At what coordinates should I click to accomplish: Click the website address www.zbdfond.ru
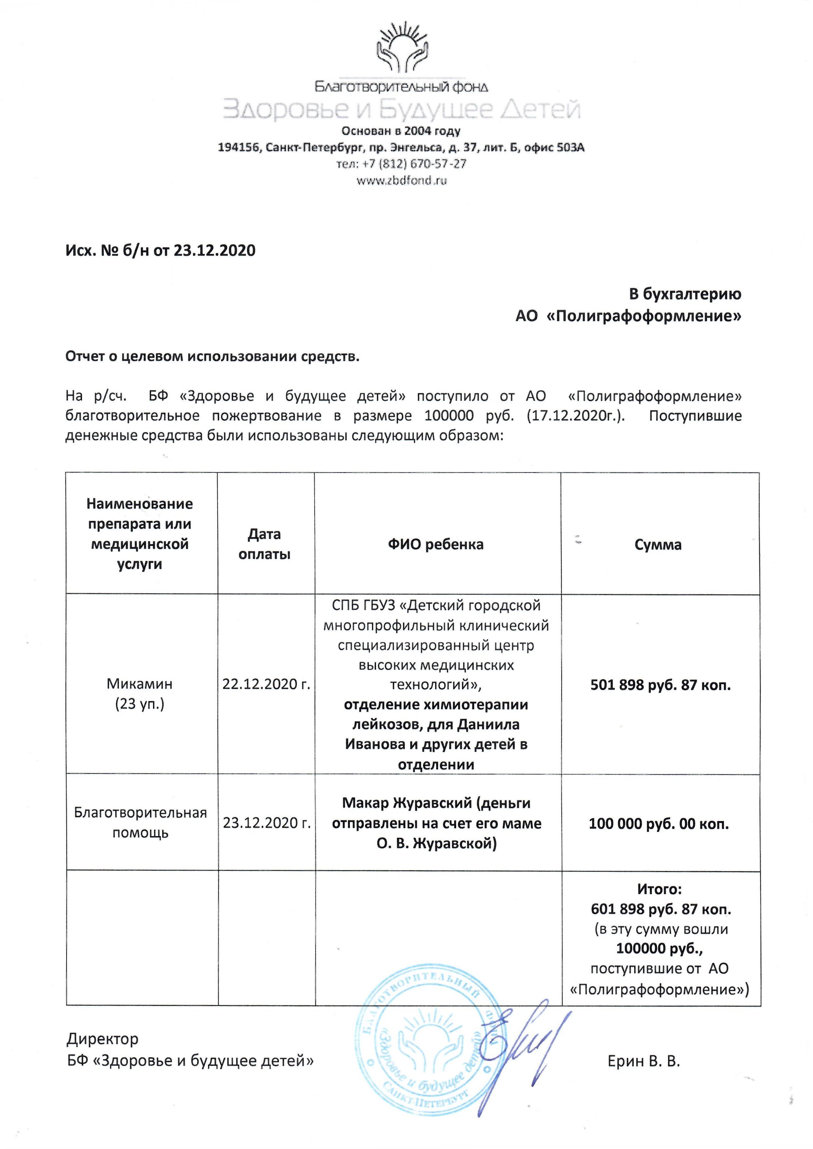tap(401, 180)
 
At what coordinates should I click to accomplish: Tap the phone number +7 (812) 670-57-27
tap(401, 163)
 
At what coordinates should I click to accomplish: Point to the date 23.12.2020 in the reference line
tap(214, 250)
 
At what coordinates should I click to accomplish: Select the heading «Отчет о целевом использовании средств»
tap(212, 356)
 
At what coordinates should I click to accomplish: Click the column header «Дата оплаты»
tap(264, 544)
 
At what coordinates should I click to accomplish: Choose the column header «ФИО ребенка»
tap(436, 545)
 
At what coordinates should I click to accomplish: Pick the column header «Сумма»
tap(658, 545)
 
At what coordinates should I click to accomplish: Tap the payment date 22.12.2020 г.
tap(266, 684)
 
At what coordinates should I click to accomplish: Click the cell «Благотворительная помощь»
tap(140, 823)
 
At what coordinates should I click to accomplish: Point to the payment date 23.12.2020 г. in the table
tap(267, 823)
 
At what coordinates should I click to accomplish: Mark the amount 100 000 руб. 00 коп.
tap(658, 823)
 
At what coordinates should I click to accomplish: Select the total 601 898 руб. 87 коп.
tap(661, 909)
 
